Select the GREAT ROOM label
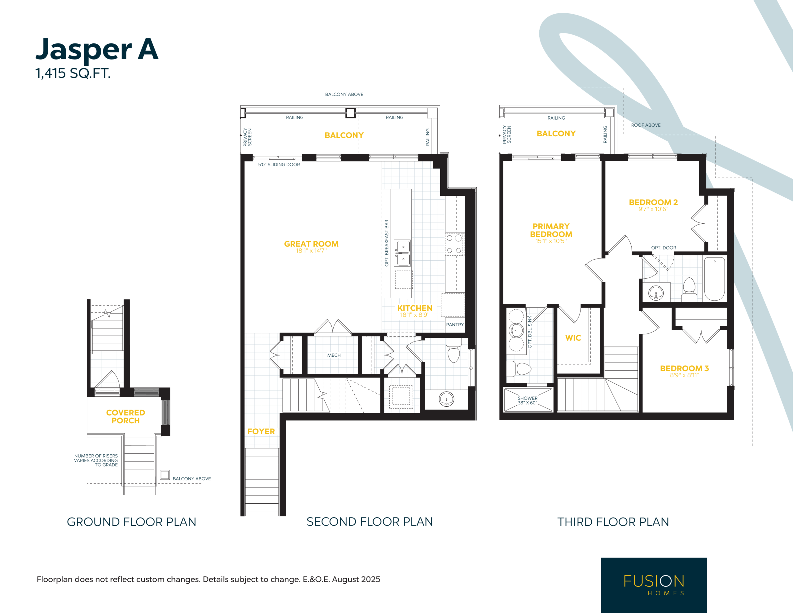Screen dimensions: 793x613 click(311, 244)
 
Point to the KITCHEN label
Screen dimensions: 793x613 click(415, 308)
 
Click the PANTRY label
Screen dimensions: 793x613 click(455, 324)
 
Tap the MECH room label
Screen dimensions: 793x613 click(334, 355)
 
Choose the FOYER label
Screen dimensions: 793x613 click(261, 431)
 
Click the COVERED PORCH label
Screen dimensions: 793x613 click(126, 417)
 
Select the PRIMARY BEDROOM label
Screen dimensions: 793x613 click(551, 230)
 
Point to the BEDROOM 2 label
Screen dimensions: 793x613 click(653, 202)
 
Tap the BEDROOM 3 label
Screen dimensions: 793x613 click(685, 368)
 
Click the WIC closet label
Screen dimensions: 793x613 click(573, 338)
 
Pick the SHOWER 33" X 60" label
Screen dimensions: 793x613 click(528, 400)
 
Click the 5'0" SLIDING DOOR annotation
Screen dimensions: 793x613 click(279, 165)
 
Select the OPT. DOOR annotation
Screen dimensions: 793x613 click(664, 248)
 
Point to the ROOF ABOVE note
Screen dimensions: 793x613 click(646, 125)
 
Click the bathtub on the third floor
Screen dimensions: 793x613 click(715, 279)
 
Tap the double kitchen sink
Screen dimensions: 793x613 click(403, 253)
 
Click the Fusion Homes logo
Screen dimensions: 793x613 click(654, 585)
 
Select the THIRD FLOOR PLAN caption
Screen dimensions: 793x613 click(613, 522)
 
